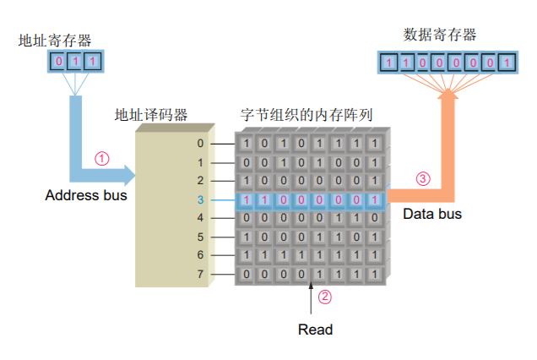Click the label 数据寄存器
coord(440,35)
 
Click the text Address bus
coord(86,195)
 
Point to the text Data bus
coord(432,214)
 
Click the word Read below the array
coord(316,330)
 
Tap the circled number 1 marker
coord(102,158)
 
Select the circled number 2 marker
coord(324,297)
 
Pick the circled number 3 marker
coord(423,178)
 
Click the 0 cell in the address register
coord(59,62)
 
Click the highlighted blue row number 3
coord(200,199)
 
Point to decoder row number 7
coord(200,274)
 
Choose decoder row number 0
coord(200,144)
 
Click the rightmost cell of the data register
coord(504,62)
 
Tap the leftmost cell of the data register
coord(388,62)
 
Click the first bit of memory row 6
coord(246,255)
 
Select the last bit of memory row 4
coord(374,218)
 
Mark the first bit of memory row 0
coord(246,144)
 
